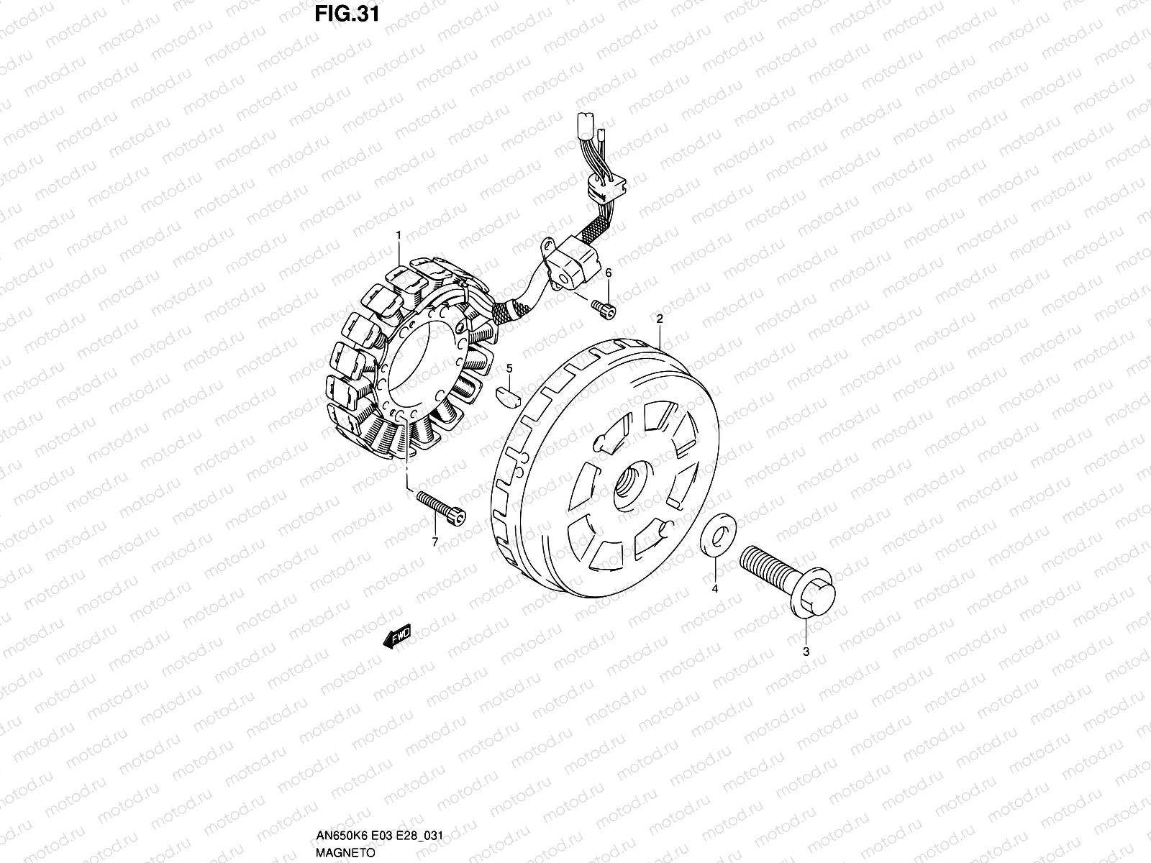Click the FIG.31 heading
347,14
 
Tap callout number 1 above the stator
399,235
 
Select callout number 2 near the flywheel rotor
660,319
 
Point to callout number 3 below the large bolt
806,652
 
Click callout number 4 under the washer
715,589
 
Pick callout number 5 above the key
509,369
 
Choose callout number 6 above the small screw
609,273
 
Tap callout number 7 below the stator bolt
435,542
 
